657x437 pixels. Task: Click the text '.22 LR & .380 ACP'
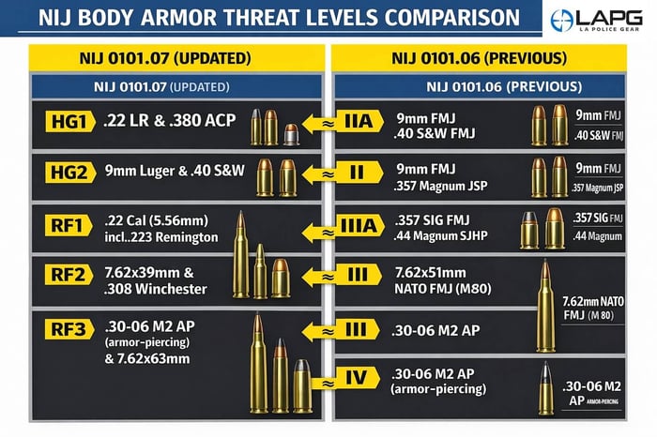[x=170, y=123]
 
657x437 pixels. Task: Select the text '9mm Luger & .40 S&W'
[x=175, y=173]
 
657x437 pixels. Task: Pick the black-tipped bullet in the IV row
[x=546, y=387]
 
